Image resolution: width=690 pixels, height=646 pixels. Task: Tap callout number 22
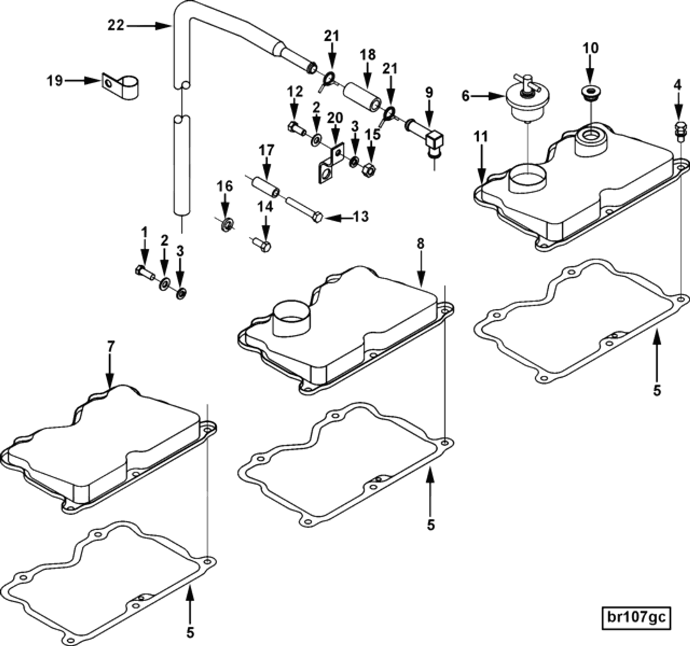[x=115, y=25]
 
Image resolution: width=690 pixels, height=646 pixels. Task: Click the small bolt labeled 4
[x=680, y=131]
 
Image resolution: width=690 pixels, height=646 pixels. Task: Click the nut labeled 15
[x=369, y=170]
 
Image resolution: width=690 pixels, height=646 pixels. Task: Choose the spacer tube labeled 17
[x=266, y=187]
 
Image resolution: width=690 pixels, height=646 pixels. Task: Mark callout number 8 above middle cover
[x=420, y=244]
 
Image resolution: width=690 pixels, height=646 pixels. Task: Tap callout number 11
[x=481, y=137]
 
